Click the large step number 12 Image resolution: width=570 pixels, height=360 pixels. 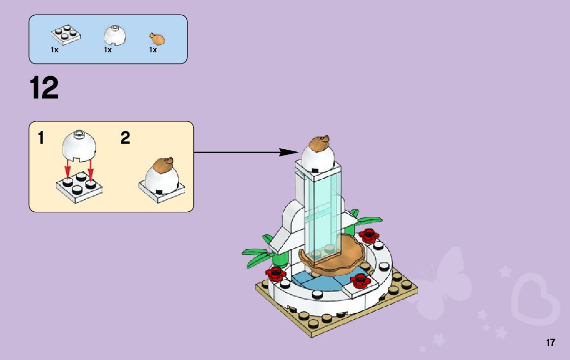[44, 88]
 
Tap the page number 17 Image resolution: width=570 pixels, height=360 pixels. [550, 343]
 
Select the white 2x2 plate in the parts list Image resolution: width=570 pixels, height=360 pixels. [65, 34]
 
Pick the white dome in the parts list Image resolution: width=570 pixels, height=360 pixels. [115, 34]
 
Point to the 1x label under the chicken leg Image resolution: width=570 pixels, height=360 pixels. [153, 50]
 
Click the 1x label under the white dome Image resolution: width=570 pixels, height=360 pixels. [108, 50]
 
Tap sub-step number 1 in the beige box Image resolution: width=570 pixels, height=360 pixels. [41, 138]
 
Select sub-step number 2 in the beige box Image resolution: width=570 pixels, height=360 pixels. [125, 138]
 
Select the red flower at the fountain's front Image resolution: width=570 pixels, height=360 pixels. [360, 280]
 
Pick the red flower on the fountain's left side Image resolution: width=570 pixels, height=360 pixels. [276, 274]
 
